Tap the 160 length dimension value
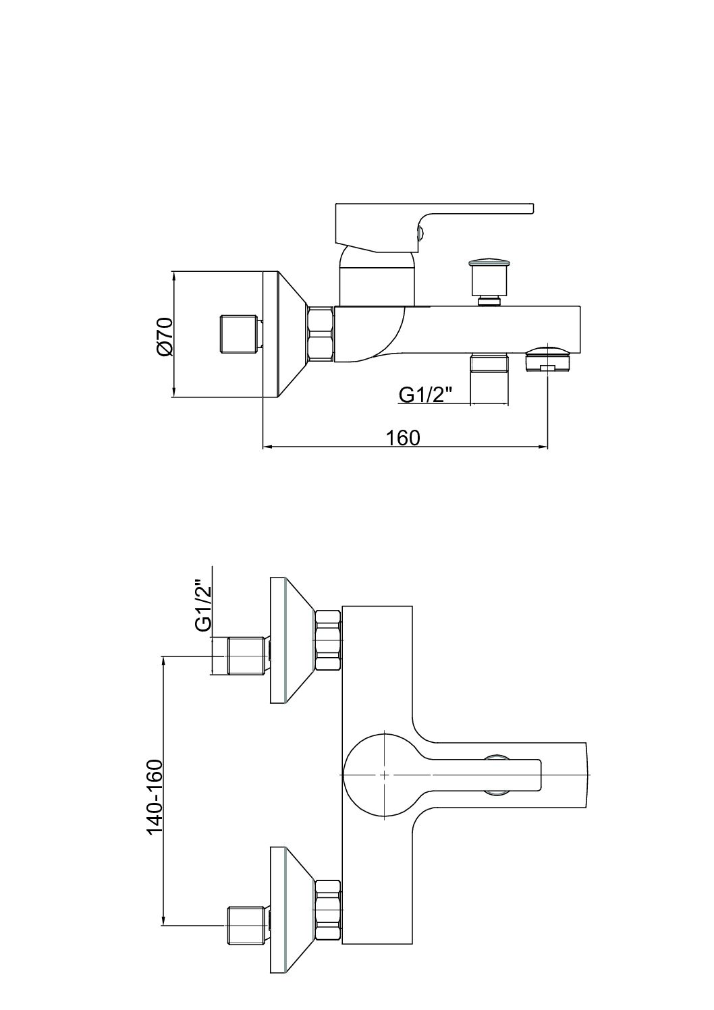pyautogui.click(x=403, y=437)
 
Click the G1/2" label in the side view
pyautogui.click(x=424, y=394)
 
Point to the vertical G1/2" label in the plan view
pyautogui.click(x=203, y=605)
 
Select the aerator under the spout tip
pyautogui.click(x=547, y=357)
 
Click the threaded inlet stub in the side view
pyautogui.click(x=240, y=334)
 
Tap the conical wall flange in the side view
pyautogui.click(x=283, y=335)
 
